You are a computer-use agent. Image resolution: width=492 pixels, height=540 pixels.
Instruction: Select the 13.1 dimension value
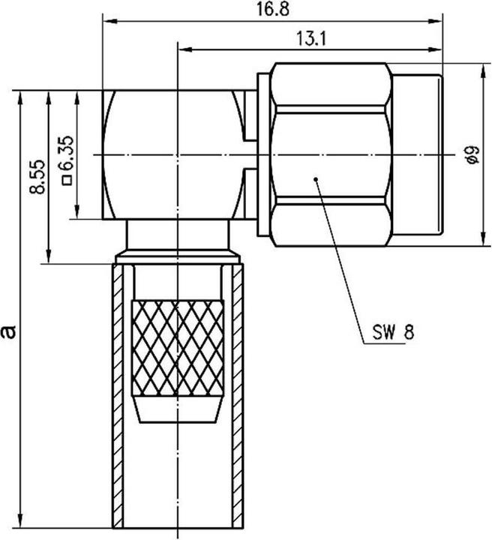(311, 40)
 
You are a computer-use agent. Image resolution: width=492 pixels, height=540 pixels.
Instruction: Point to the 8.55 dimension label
(36, 177)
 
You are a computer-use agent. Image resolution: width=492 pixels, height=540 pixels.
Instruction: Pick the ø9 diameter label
(471, 155)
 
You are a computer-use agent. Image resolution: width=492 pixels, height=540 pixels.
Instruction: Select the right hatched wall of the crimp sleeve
(235, 397)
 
